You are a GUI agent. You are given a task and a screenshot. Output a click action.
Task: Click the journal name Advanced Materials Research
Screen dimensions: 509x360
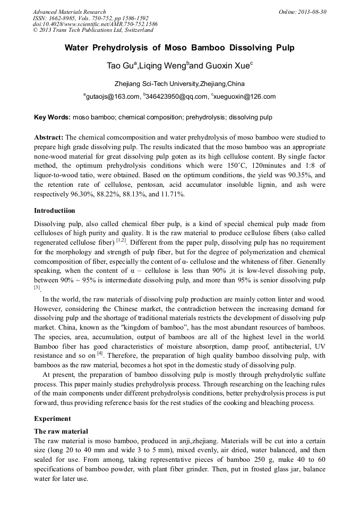click(x=69, y=12)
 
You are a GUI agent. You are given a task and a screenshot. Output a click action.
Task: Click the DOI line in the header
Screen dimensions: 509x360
click(x=95, y=24)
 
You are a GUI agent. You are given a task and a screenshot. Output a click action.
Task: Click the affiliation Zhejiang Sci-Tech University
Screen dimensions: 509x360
click(x=156, y=84)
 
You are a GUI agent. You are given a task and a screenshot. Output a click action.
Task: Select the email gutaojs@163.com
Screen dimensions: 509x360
click(x=113, y=97)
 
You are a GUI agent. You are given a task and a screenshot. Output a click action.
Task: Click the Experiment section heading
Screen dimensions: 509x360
click(x=53, y=419)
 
